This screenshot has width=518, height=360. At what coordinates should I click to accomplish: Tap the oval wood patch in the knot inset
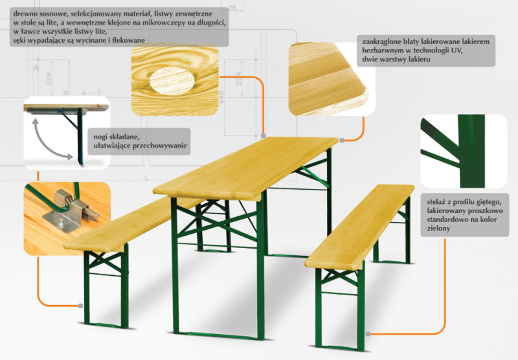172,81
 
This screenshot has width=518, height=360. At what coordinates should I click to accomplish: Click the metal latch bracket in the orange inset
69,210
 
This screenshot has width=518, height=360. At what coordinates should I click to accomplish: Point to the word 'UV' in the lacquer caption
458,51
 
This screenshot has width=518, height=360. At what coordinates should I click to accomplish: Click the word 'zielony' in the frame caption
438,228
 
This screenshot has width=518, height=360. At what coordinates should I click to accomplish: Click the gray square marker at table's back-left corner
264,135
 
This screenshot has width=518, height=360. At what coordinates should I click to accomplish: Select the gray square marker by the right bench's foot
368,334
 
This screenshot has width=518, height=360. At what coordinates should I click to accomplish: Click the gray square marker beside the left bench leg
80,306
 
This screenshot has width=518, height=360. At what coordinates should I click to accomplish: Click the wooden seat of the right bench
360,226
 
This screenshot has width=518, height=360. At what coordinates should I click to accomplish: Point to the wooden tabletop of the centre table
246,167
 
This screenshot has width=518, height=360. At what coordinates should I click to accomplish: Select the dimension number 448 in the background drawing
221,97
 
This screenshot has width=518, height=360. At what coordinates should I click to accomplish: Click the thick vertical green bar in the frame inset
471,151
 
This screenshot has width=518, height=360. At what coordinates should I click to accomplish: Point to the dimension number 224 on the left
49,78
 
